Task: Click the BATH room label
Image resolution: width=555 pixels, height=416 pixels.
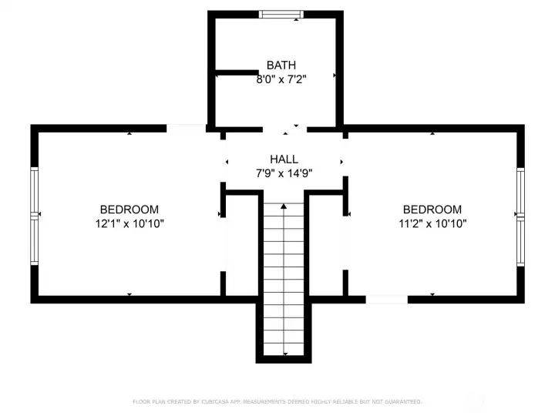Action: click(x=281, y=65)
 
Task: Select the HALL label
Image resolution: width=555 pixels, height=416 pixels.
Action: click(x=284, y=159)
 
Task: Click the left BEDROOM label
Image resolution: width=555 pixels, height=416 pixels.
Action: click(x=129, y=210)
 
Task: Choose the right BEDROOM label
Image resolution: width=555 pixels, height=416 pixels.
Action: click(x=432, y=210)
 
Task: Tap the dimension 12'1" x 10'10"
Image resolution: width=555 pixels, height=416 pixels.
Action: click(x=129, y=223)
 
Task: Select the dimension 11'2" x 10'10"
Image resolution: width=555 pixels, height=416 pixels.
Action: click(x=432, y=223)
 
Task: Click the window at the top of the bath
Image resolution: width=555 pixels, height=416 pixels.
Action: click(x=281, y=14)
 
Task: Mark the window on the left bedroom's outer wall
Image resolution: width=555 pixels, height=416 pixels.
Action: click(x=34, y=216)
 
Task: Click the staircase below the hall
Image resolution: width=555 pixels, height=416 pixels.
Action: click(x=284, y=277)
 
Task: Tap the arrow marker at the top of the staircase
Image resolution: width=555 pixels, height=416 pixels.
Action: click(x=284, y=206)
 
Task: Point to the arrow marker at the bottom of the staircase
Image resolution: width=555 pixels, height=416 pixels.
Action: click(x=284, y=353)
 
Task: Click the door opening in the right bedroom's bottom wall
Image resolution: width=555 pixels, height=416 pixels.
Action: click(x=386, y=298)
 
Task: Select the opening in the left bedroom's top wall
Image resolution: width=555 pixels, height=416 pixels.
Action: click(x=186, y=129)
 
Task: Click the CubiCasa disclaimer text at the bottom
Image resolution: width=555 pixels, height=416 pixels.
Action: click(x=277, y=401)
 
